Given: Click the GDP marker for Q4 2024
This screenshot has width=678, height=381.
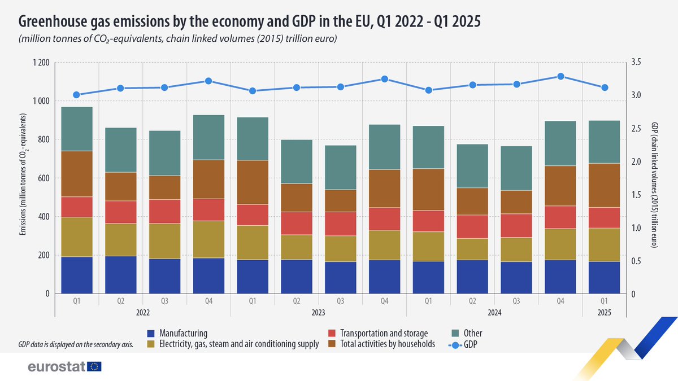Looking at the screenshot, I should (x=560, y=76).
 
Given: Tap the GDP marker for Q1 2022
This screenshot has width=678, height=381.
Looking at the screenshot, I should (x=77, y=95).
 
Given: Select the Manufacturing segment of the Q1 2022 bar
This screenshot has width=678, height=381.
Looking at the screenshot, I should (x=77, y=275).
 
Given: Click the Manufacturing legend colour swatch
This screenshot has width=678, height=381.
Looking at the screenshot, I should (x=150, y=334).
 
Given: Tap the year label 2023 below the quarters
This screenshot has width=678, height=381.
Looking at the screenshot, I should (x=319, y=312).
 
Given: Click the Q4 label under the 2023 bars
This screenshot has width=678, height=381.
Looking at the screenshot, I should (x=385, y=301).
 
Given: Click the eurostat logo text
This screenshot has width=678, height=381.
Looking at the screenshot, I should (x=56, y=367).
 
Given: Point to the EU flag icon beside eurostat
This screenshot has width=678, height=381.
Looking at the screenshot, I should (x=94, y=367).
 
